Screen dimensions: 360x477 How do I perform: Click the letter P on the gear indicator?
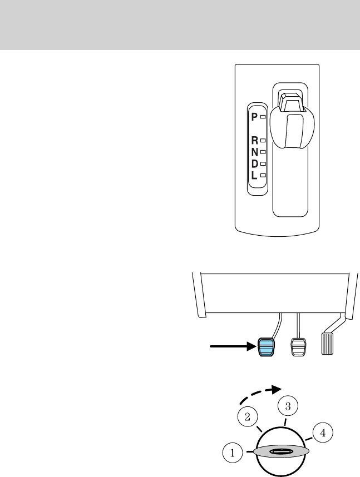pyautogui.click(x=254, y=117)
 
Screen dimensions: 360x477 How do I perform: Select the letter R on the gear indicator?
pyautogui.click(x=254, y=141)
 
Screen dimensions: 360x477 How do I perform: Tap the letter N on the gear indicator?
pyautogui.click(x=254, y=152)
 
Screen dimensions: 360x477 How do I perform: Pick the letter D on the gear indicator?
pyautogui.click(x=254, y=163)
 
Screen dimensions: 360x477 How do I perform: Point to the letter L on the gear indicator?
pyautogui.click(x=254, y=175)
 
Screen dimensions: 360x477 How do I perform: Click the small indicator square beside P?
pyautogui.click(x=263, y=118)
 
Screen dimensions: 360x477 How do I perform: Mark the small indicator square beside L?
pyautogui.click(x=263, y=175)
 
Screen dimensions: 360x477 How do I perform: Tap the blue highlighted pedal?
pyautogui.click(x=267, y=346)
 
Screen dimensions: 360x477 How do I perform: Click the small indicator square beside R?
pyautogui.click(x=263, y=141)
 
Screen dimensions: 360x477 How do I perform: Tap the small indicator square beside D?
pyautogui.click(x=263, y=163)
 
